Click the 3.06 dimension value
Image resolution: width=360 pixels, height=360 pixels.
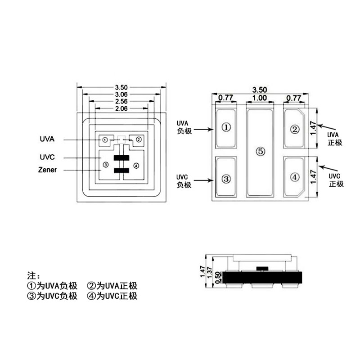pos(121,94)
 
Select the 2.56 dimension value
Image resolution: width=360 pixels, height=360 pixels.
pos(121,101)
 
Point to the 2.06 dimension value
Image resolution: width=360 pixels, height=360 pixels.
pos(121,108)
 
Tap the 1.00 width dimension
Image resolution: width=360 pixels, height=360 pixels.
pos(260,98)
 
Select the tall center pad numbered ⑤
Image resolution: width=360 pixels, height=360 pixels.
pos(260,151)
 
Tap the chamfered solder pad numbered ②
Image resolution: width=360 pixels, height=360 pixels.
pos(294,129)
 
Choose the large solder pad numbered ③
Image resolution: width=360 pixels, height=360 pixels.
pos(226,178)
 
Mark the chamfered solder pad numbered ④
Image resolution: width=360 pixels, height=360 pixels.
pos(294,177)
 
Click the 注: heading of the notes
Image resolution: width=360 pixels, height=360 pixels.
pos(34,275)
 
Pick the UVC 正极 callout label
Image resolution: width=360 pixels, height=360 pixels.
pos(336,180)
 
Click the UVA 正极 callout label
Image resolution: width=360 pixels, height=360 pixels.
pos(335,139)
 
